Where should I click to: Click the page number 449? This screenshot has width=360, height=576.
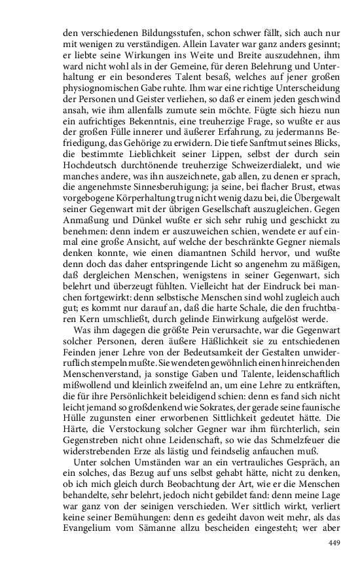click(335, 542)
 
